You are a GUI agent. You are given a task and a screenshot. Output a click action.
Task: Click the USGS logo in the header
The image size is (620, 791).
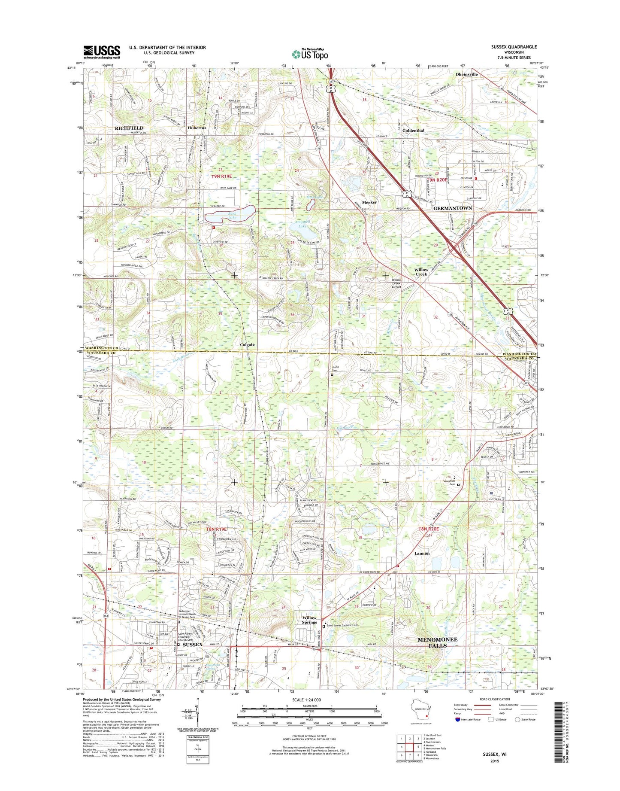102,52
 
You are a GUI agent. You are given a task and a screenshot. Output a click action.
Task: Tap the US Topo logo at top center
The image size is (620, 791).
310,54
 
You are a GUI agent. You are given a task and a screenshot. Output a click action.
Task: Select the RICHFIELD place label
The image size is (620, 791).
129,128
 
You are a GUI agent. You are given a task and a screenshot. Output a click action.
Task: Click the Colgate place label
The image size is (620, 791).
247,344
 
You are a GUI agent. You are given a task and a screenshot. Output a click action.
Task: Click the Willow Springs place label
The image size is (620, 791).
309,620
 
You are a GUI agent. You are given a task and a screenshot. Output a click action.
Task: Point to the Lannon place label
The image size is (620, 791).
422,554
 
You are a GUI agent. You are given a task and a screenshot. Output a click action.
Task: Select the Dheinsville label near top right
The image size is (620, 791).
466,74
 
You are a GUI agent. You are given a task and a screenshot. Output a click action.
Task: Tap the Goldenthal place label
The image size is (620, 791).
413,131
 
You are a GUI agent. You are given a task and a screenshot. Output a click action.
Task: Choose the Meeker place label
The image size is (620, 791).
369,202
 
